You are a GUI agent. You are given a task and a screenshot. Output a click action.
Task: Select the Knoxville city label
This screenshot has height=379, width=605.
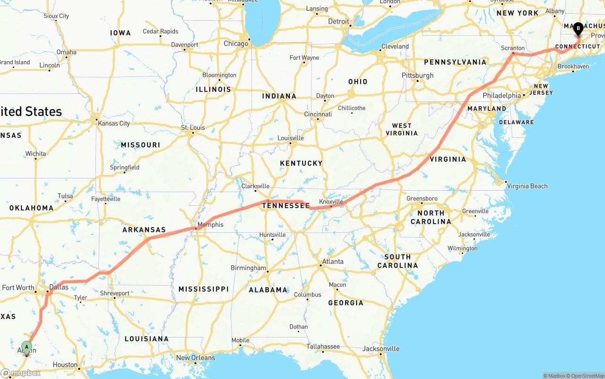[x=331, y=202]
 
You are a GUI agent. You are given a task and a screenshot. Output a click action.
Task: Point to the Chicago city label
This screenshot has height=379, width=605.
[x=235, y=44]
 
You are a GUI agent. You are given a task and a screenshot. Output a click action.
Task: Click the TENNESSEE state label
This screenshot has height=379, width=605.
[x=286, y=206]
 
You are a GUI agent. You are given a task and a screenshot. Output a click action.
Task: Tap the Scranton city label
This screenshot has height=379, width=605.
[x=513, y=48]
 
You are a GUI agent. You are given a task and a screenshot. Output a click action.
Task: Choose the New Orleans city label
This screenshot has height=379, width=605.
[x=196, y=358]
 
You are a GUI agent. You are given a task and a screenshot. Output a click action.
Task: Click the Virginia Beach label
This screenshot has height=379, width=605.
[x=527, y=186]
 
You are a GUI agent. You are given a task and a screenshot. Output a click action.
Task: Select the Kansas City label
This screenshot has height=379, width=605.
[x=113, y=124]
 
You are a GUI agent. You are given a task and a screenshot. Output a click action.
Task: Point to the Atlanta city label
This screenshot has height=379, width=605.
[x=333, y=261]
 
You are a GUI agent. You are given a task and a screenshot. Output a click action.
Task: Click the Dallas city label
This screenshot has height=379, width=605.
[x=59, y=287]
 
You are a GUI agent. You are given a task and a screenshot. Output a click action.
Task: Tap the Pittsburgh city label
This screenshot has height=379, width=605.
[x=417, y=76]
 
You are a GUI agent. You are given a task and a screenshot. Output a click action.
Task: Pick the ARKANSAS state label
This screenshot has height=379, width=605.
[x=144, y=230]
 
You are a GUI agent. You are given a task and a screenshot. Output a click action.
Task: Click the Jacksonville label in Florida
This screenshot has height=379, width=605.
[x=381, y=349]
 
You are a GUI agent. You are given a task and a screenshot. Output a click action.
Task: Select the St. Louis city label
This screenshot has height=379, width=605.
[x=193, y=128]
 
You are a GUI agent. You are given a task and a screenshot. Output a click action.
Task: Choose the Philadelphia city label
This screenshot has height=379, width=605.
[x=501, y=95]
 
